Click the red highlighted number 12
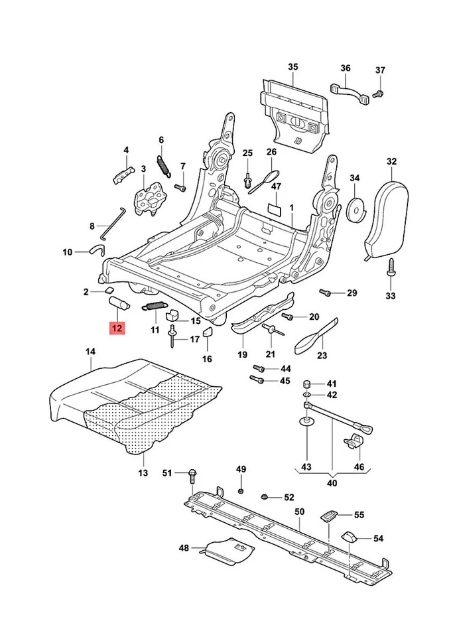pyautogui.click(x=117, y=328)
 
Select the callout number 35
pyautogui.click(x=293, y=67)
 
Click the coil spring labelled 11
pyautogui.click(x=155, y=306)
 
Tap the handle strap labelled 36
pyautogui.click(x=348, y=92)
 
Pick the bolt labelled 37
pyautogui.click(x=379, y=92)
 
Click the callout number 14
pyautogui.click(x=91, y=351)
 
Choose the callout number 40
pyautogui.click(x=332, y=483)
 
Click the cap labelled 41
pyautogui.click(x=308, y=384)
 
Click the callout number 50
pyautogui.click(x=299, y=512)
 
